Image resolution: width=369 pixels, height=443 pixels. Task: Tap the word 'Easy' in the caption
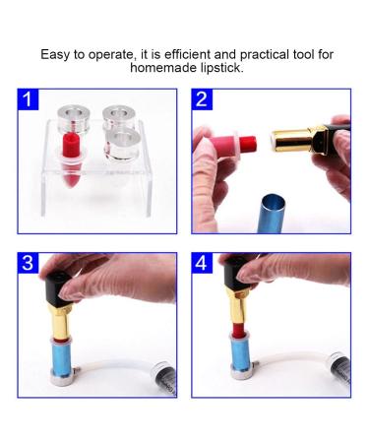point(57,54)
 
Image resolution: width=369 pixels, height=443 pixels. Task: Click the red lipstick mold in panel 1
point(70,161)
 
